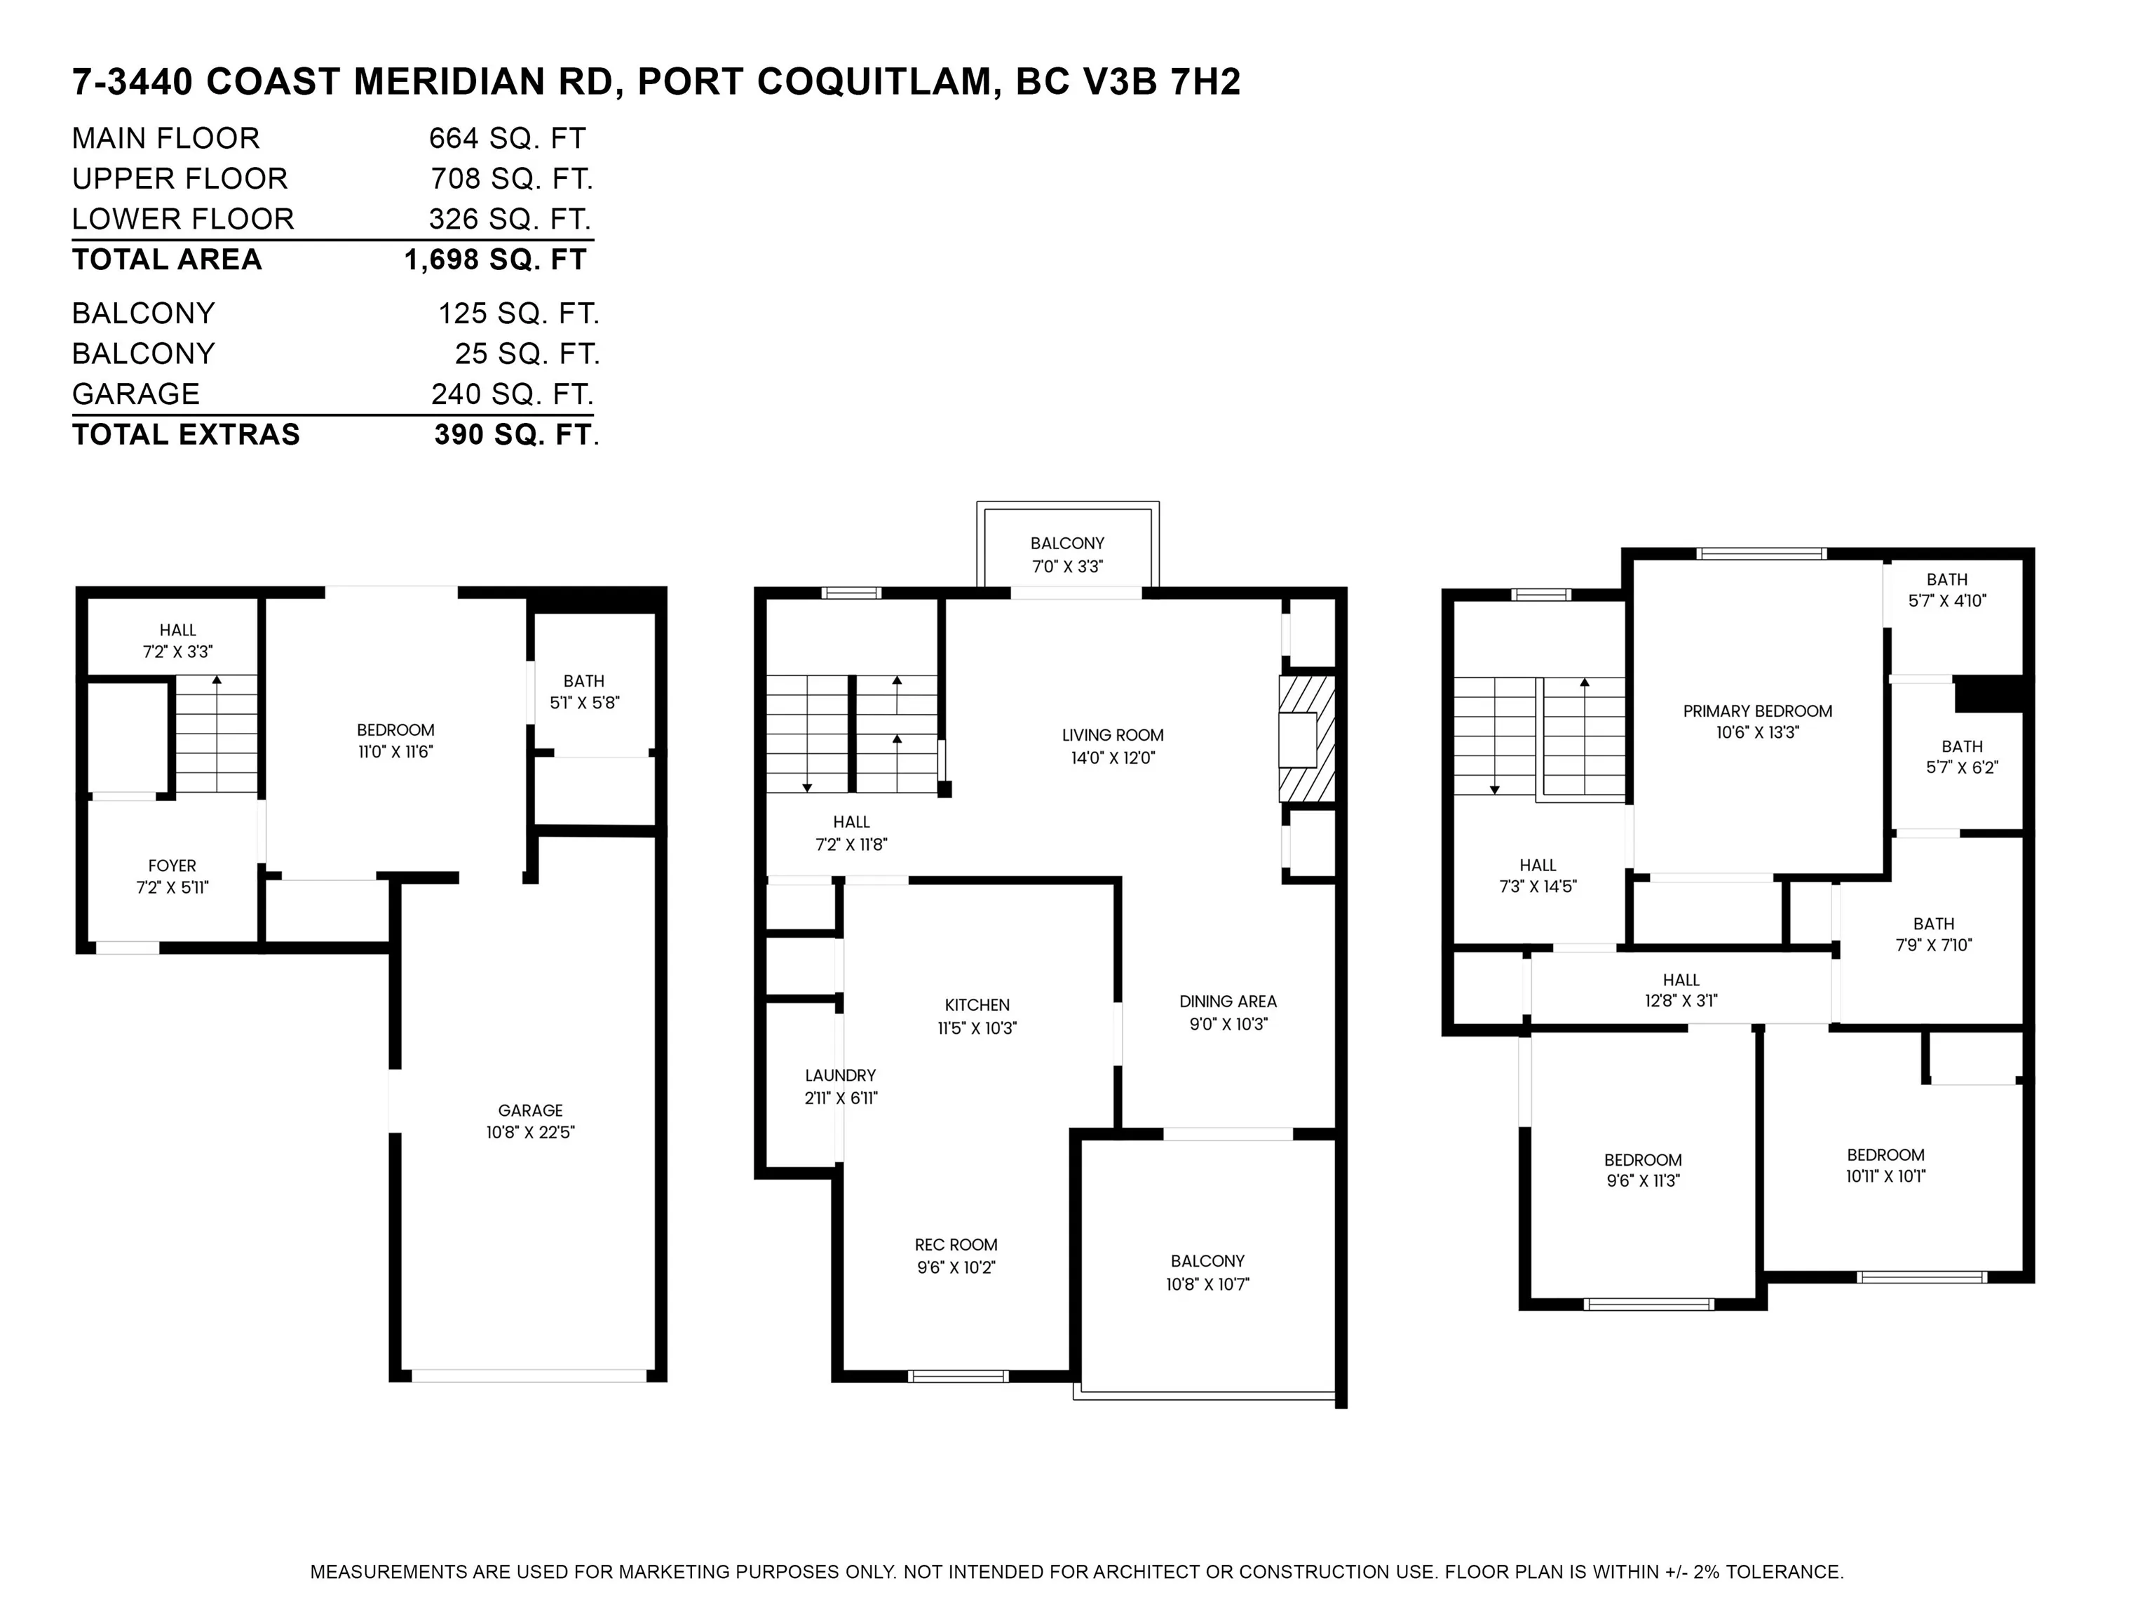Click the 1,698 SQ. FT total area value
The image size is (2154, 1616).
pyautogui.click(x=495, y=260)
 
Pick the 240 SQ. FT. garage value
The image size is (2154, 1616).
pyautogui.click(x=513, y=394)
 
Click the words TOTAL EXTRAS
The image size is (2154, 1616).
pyautogui.click(x=186, y=434)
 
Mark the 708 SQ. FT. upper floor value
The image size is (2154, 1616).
pyautogui.click(x=511, y=180)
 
